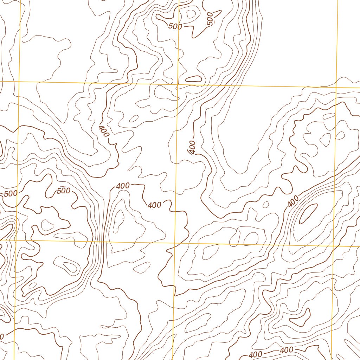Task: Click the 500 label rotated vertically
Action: pyautogui.click(x=210, y=19)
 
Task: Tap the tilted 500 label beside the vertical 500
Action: pyautogui.click(x=175, y=26)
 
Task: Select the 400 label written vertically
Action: pyautogui.click(x=192, y=147)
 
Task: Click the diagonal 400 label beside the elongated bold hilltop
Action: pyautogui.click(x=293, y=201)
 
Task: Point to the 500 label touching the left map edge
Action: pyautogui.click(x=11, y=194)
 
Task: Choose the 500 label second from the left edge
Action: pyautogui.click(x=64, y=191)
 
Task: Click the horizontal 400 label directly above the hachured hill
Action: pyautogui.click(x=123, y=186)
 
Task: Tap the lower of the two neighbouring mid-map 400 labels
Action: pyautogui.click(x=155, y=205)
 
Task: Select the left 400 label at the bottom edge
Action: pyautogui.click(x=255, y=354)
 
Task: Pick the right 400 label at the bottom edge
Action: pyautogui.click(x=287, y=350)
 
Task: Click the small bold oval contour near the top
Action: pyautogui.click(x=193, y=79)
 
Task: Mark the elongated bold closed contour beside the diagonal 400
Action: pyautogui.click(x=308, y=213)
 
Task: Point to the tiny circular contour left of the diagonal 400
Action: pyautogui.click(x=266, y=204)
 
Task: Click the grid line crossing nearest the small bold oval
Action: pyautogui.click(x=177, y=84)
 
